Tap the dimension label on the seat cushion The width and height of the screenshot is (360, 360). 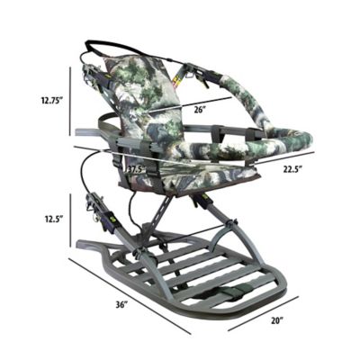point(135,167)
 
